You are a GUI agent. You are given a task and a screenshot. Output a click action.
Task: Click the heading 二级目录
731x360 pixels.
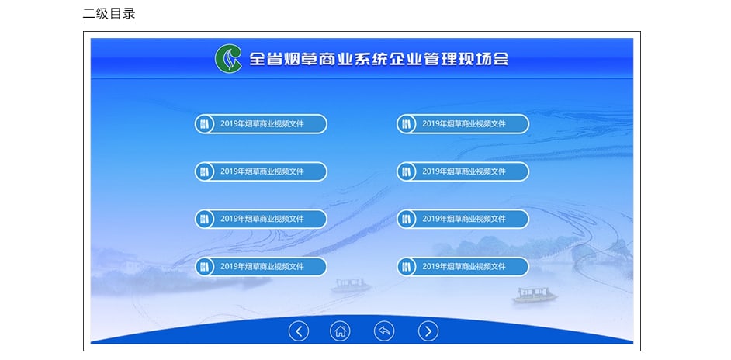[109, 13]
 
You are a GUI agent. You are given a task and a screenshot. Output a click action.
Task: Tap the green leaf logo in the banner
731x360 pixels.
[228, 58]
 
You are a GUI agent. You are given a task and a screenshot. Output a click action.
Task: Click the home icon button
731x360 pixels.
[341, 331]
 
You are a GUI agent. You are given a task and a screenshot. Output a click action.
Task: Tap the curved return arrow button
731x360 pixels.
[384, 331]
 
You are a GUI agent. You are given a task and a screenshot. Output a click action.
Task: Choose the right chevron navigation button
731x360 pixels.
[428, 331]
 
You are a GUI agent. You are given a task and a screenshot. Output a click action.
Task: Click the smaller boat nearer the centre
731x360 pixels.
[350, 286]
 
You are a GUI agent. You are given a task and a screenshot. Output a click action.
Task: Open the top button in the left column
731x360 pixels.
[261, 124]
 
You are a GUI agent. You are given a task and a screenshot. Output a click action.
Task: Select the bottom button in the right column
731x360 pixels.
[463, 267]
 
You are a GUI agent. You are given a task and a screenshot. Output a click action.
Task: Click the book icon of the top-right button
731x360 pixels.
[407, 124]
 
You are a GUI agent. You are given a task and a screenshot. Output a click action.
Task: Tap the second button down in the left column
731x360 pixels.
[261, 171]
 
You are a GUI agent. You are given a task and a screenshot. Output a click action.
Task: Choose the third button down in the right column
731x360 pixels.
[463, 219]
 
